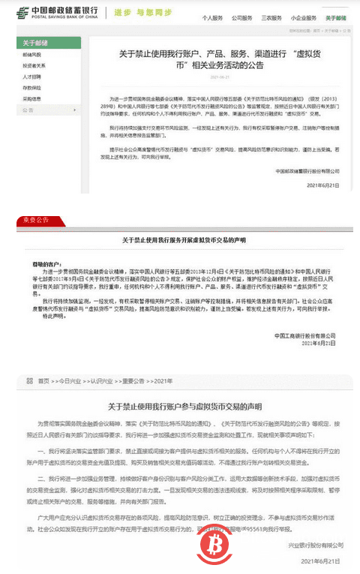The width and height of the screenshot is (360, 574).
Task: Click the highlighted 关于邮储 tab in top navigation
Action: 346,16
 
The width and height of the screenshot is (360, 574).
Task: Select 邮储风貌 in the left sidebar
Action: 34,55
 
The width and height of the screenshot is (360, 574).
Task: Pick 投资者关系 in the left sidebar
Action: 35,65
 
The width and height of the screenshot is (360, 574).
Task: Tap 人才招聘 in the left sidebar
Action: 34,76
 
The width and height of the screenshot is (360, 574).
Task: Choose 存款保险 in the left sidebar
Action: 34,87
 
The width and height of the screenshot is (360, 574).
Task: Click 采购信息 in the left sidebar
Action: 34,98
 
